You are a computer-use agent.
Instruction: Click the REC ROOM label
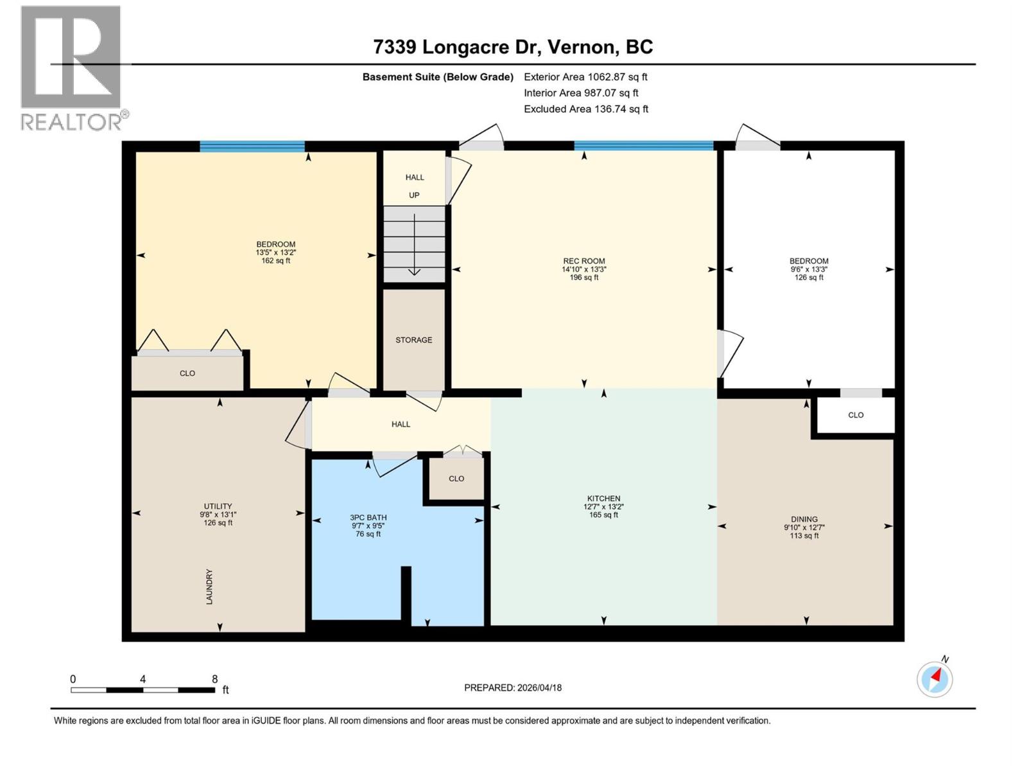point(584,261)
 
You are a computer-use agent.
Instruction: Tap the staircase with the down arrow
point(414,244)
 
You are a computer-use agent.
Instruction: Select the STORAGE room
point(414,340)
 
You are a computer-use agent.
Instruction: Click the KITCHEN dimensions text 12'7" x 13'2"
point(603,506)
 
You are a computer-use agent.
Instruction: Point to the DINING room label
point(804,519)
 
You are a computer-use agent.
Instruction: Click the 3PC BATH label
point(368,517)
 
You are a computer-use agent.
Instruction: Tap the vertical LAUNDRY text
point(209,586)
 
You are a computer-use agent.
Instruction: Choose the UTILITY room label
point(218,506)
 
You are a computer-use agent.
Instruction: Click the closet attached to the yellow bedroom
point(187,373)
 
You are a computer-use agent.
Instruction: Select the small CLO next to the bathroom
point(456,479)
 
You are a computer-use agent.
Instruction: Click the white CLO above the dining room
point(856,415)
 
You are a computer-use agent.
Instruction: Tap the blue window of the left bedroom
point(252,146)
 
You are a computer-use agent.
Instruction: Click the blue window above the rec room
point(644,146)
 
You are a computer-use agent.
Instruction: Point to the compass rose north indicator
point(935,678)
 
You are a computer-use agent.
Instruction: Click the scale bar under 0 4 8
point(142,690)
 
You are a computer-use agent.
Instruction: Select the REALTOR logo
point(71,67)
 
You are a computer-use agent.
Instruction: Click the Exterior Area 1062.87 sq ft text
point(585,77)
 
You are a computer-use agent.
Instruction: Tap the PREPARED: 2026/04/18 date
point(513,687)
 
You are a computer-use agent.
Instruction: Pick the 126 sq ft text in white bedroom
point(809,278)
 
